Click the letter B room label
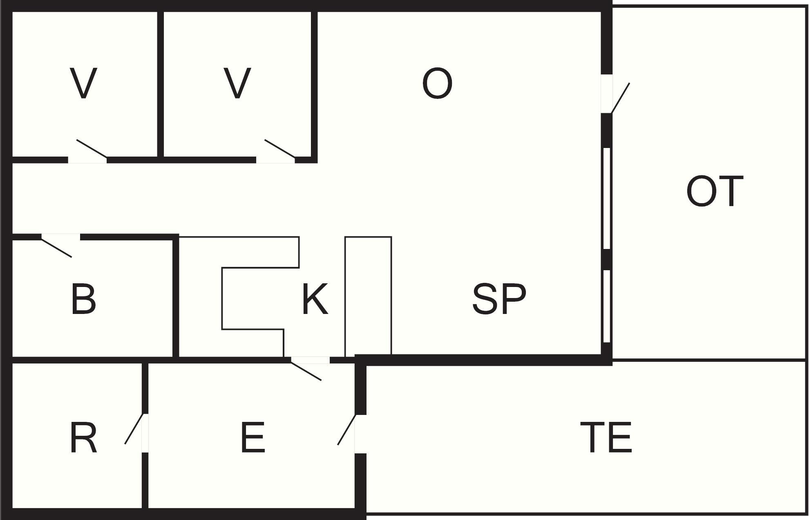pyautogui.click(x=83, y=299)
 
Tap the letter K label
pyautogui.click(x=315, y=299)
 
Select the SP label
pyautogui.click(x=499, y=299)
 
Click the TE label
pyautogui.click(x=606, y=438)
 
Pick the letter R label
pyautogui.click(x=83, y=438)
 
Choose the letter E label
pyautogui.click(x=253, y=438)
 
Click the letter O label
pyautogui.click(x=437, y=83)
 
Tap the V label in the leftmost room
pyautogui.click(x=83, y=83)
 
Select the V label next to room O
pyautogui.click(x=237, y=83)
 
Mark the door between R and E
pyautogui.click(x=134, y=429)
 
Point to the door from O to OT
pyautogui.click(x=620, y=98)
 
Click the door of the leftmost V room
pyautogui.click(x=92, y=148)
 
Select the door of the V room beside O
pyautogui.click(x=280, y=148)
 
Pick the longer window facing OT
pyautogui.click(x=607, y=198)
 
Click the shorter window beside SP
pyautogui.click(x=607, y=306)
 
